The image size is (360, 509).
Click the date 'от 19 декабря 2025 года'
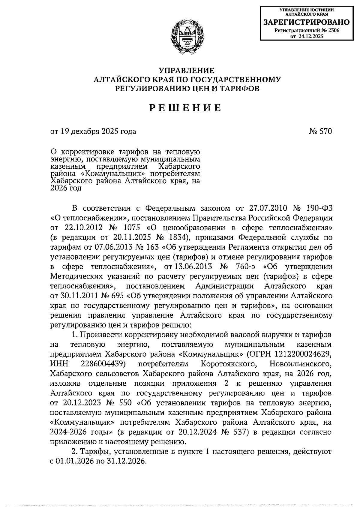point(93,131)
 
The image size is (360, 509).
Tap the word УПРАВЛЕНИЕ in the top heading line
point(186,71)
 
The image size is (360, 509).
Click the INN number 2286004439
point(103,364)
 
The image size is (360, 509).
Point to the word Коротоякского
point(230,364)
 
